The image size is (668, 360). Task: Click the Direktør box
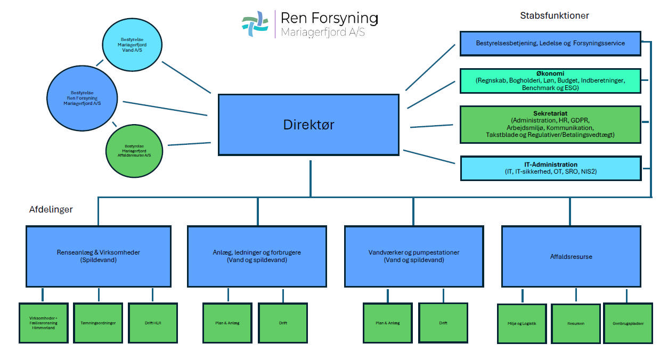point(308,125)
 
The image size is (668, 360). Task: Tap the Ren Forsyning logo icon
point(255,23)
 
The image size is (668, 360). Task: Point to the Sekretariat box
point(550,124)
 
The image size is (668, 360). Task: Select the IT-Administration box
point(550,168)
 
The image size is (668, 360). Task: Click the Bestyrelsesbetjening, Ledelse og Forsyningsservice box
point(550,43)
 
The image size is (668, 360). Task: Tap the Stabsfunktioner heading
point(554,15)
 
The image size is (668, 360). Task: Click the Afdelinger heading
point(51,209)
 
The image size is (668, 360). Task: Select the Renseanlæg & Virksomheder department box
point(99,256)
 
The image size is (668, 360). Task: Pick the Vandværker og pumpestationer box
point(414,256)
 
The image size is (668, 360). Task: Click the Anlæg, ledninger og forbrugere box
point(257,256)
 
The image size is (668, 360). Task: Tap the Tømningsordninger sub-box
point(98,323)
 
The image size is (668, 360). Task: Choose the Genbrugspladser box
point(628,323)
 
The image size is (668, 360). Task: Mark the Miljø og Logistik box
point(522,323)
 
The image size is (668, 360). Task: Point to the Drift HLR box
point(152,323)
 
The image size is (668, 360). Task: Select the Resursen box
point(575,323)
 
